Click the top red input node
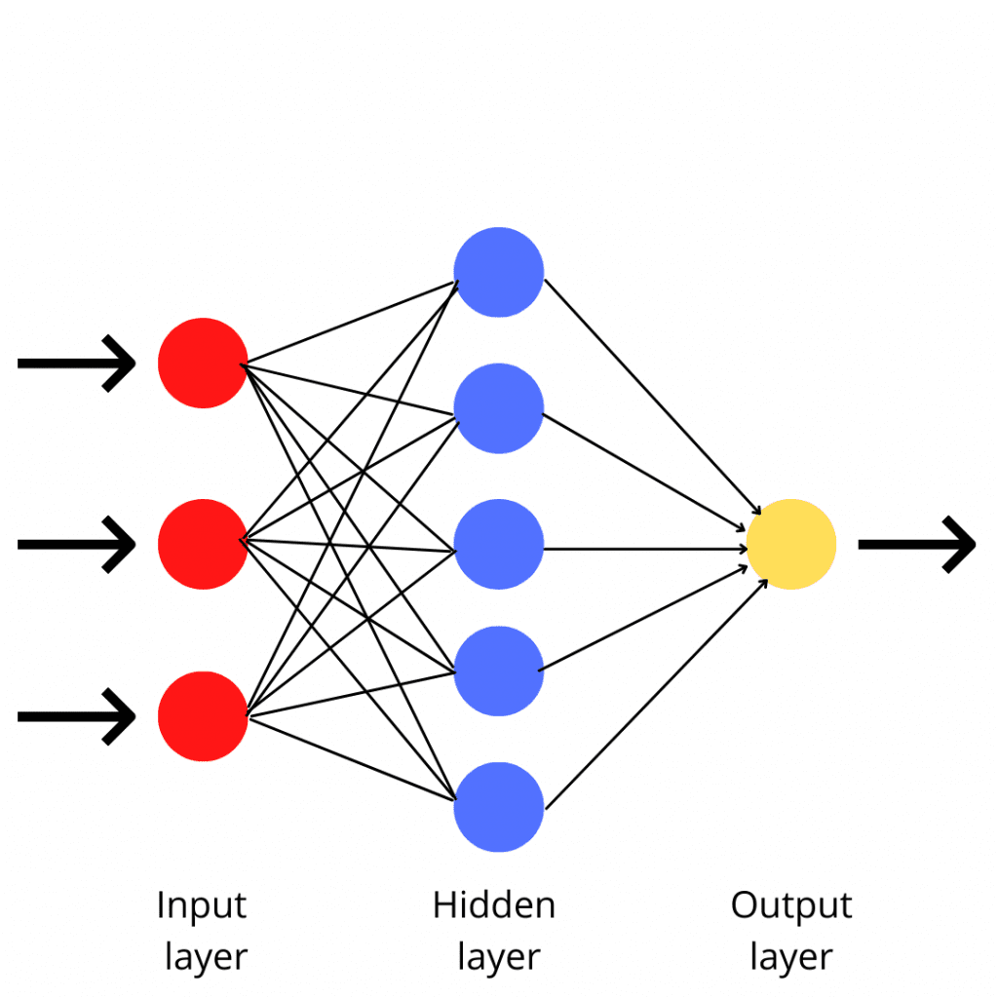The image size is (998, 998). (203, 363)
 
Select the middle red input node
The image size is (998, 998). (203, 544)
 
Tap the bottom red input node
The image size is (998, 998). (203, 715)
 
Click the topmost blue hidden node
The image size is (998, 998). (498, 272)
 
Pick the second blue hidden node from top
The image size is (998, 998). (498, 407)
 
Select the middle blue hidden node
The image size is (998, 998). (498, 544)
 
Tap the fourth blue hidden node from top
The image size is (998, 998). (498, 671)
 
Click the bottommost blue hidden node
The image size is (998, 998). (498, 807)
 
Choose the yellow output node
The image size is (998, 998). (790, 544)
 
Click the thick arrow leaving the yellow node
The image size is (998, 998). (916, 544)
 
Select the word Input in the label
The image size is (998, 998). (202, 906)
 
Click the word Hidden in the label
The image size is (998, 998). (494, 905)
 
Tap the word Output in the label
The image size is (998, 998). (791, 906)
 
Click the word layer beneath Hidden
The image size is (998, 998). (498, 956)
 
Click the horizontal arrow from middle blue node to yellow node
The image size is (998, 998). (643, 549)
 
